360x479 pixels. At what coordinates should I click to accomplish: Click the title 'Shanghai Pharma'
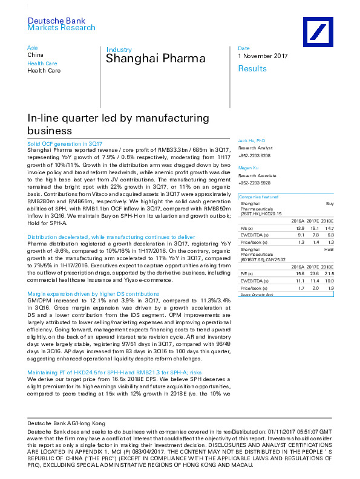click(155, 59)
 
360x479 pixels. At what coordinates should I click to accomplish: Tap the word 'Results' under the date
click(252, 68)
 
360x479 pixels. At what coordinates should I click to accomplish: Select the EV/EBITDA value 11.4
click(313, 282)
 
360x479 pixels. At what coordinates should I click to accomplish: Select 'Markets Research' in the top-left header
click(62, 28)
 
